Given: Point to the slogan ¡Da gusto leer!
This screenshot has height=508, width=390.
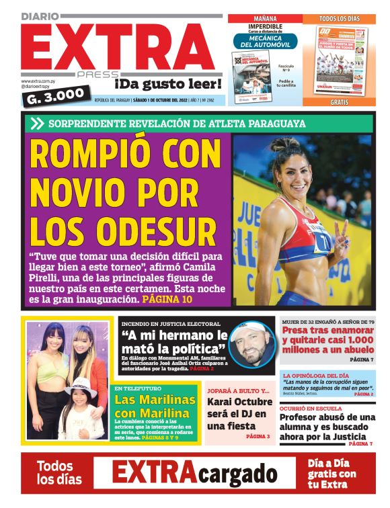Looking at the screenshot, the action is pos(167,84).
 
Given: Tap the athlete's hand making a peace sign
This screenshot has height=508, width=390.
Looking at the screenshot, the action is pos(343,235).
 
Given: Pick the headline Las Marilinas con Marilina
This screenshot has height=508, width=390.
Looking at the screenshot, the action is pos(153,407).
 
